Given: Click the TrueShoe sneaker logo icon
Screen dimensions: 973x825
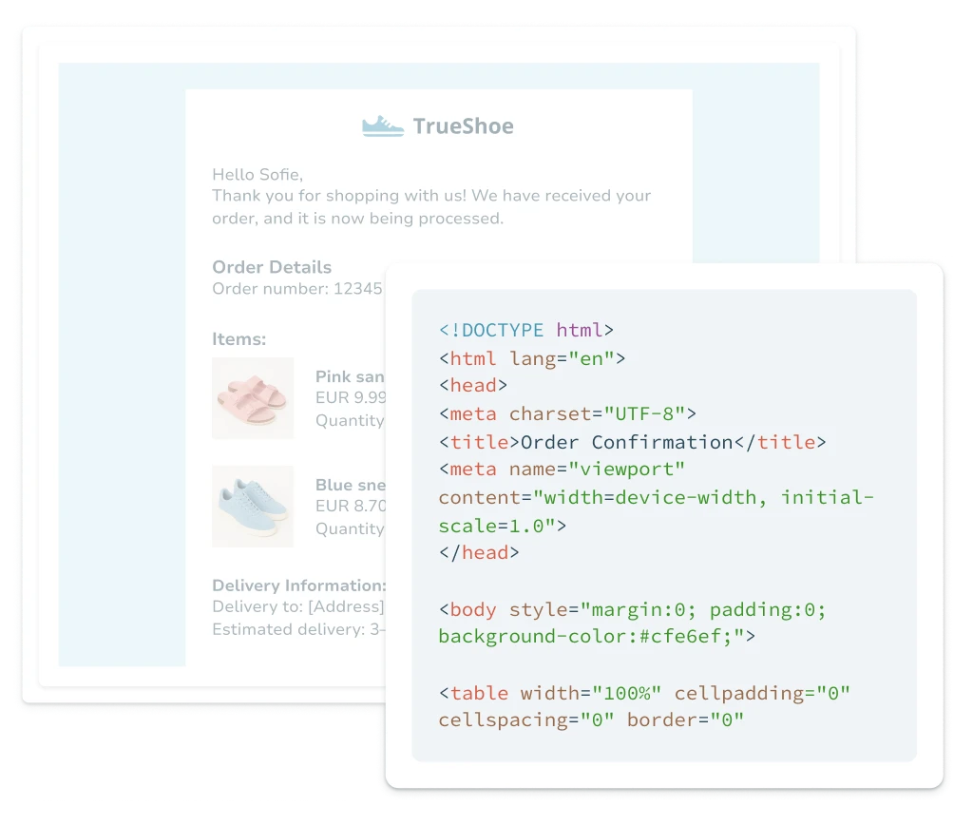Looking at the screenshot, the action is point(383,126).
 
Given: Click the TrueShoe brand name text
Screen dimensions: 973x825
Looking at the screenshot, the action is point(463,126).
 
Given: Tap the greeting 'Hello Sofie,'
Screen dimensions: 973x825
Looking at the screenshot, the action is point(257,174).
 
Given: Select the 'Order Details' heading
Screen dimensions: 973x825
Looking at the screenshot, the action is point(272,267).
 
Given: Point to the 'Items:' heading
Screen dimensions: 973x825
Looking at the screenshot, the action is point(238,338).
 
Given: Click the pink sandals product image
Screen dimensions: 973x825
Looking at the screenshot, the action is point(253,397).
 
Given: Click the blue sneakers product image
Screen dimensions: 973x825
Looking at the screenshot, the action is point(253,506).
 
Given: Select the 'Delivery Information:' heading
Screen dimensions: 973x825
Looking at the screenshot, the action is point(298,585).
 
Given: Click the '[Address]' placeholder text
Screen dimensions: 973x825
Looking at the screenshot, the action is point(346,606).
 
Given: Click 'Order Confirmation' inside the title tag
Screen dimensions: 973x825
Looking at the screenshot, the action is point(626,442).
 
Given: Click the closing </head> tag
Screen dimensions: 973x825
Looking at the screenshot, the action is point(479,552).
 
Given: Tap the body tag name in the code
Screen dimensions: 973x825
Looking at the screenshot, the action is point(473,609).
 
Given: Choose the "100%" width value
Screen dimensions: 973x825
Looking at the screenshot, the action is point(627,693).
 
